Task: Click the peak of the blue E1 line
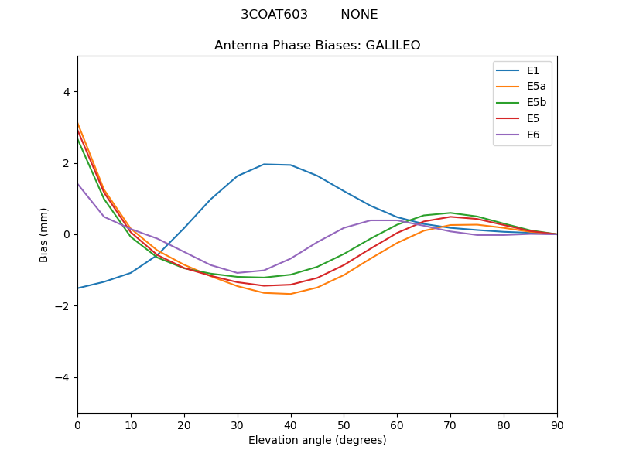[264, 164]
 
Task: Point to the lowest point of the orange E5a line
[290, 294]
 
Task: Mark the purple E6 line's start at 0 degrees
[77, 183]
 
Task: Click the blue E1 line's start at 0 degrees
[77, 288]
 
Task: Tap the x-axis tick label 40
[290, 425]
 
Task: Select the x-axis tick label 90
[557, 425]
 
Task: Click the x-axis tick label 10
[131, 425]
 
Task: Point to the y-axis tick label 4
[66, 92]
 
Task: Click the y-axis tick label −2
[63, 306]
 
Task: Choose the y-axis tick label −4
[63, 377]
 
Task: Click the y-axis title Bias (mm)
[45, 234]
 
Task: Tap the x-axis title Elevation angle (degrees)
[317, 441]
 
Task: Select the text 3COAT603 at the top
[274, 15]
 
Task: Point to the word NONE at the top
[359, 15]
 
